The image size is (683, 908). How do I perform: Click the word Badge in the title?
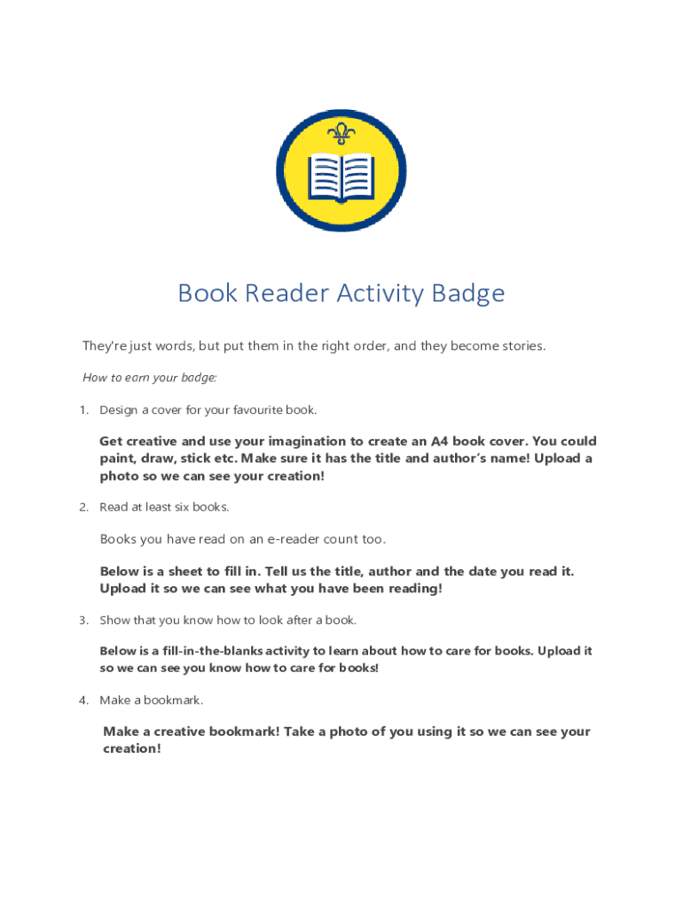pos(468,293)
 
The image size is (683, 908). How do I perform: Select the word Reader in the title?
pos(277,293)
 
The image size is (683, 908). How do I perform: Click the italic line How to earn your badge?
pos(150,378)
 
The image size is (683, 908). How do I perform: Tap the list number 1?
pos(83,410)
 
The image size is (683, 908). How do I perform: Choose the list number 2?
pos(83,507)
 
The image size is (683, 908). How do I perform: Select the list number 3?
pos(83,620)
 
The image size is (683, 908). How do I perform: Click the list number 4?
pos(83,701)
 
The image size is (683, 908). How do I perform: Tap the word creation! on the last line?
pos(132,748)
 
